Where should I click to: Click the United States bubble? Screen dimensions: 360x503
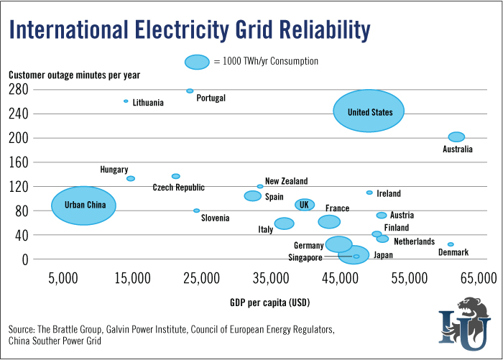(x=369, y=111)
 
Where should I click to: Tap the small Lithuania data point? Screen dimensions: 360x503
(x=126, y=101)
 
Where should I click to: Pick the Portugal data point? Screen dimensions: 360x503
(x=190, y=91)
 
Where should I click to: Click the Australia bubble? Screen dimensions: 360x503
(x=456, y=137)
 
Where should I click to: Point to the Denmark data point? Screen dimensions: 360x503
(x=451, y=244)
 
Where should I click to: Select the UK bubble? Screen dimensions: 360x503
(x=305, y=205)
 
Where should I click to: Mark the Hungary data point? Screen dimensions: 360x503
(x=131, y=178)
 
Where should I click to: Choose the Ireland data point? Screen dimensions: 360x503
(x=369, y=193)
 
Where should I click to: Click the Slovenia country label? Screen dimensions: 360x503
(x=215, y=218)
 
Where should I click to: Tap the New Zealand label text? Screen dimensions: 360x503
(x=286, y=181)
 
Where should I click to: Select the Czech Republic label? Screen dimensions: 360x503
(x=178, y=188)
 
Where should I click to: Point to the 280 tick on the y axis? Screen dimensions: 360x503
(x=19, y=90)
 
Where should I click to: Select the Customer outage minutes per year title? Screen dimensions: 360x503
(x=75, y=75)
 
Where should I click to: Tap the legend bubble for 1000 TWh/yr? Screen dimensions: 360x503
(x=197, y=62)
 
